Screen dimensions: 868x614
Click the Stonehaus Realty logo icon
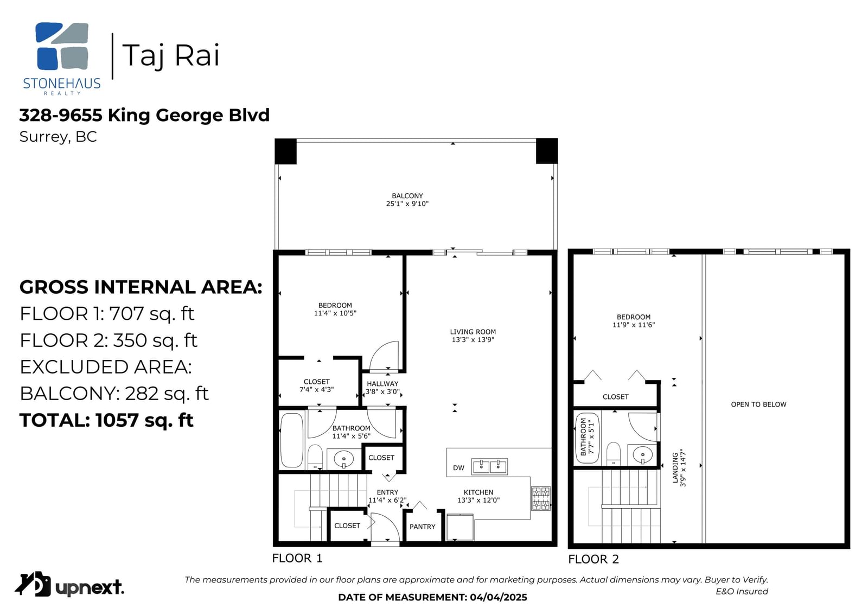point(62,46)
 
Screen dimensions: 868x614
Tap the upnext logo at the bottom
point(69,585)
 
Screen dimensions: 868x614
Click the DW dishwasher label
point(458,468)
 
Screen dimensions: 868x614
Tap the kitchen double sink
point(489,467)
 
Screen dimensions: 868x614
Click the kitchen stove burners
point(541,498)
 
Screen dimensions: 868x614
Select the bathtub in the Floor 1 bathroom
point(292,440)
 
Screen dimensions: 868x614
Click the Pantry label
point(423,527)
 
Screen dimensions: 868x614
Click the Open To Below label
point(758,404)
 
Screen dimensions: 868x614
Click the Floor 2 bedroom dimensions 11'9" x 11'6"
point(634,325)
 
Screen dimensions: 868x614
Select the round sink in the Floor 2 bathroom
point(642,454)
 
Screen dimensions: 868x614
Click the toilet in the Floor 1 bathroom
point(315,457)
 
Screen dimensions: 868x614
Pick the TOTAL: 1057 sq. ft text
point(106,420)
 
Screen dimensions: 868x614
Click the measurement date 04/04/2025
point(499,597)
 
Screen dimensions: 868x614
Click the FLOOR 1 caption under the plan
point(297,558)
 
